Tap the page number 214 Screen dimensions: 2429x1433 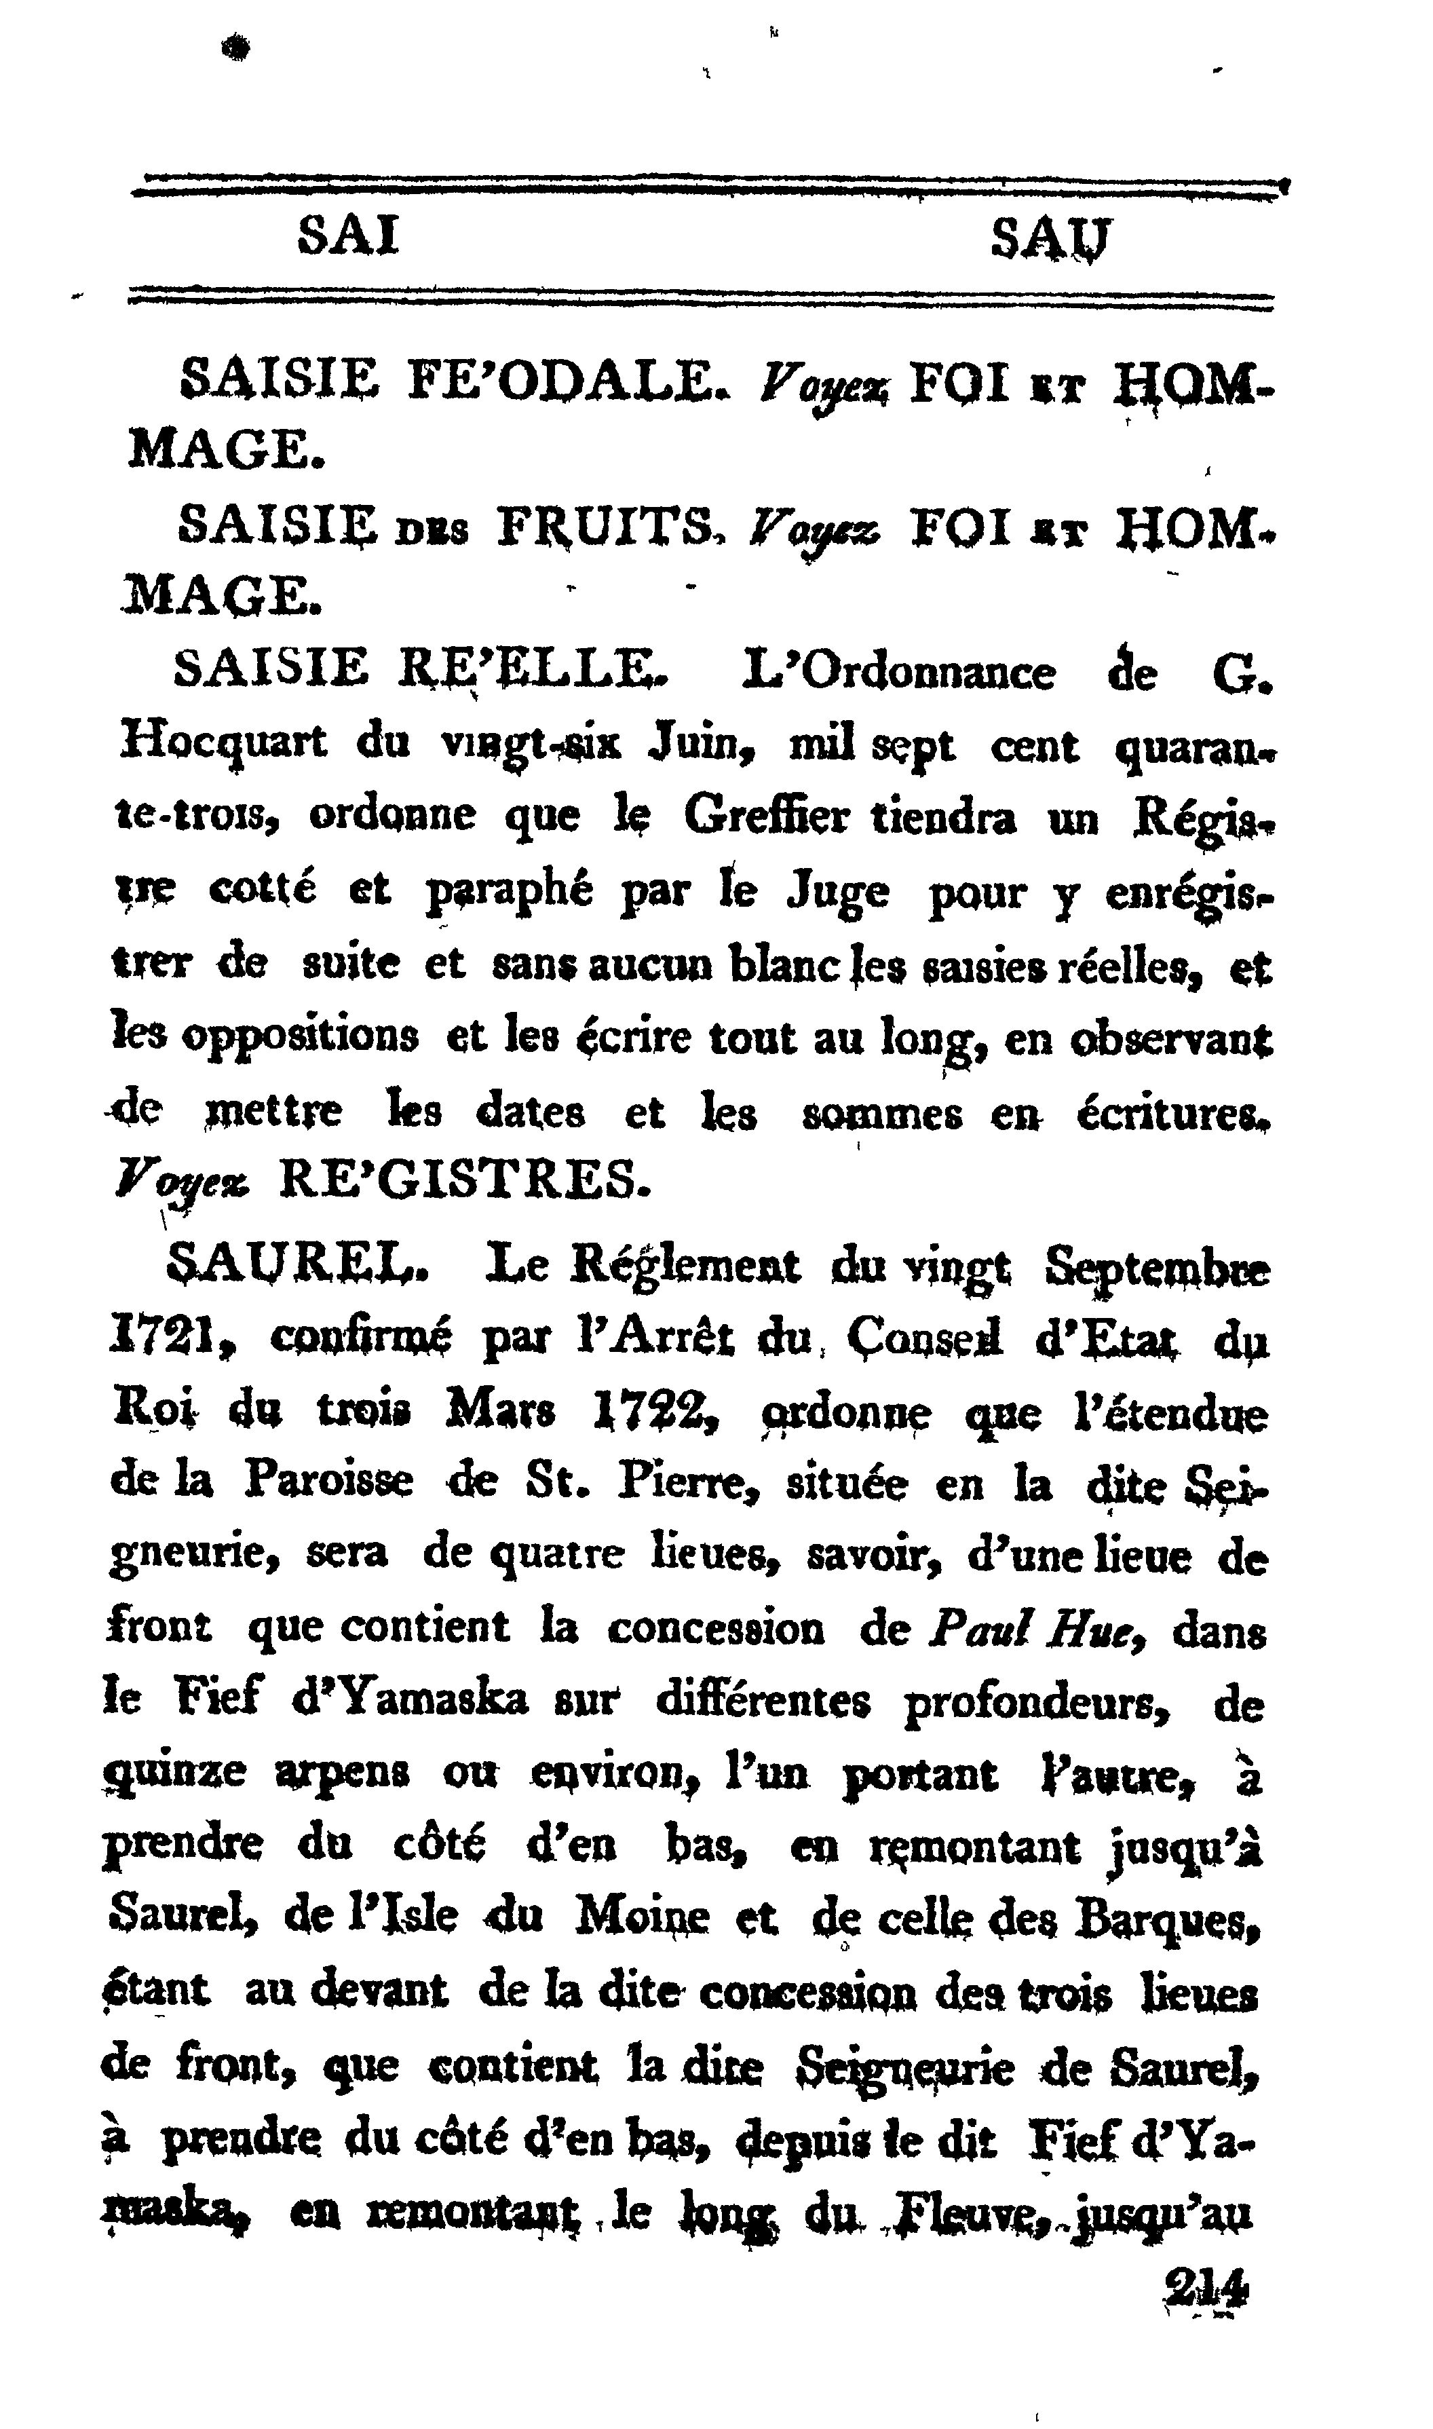pyautogui.click(x=1207, y=2290)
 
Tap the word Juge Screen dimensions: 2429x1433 pyautogui.click(x=837, y=893)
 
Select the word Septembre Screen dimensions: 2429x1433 pyautogui.click(x=1158, y=1268)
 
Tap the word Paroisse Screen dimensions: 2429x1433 pyautogui.click(x=328, y=1484)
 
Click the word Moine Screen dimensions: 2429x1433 pyautogui.click(x=643, y=1920)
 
